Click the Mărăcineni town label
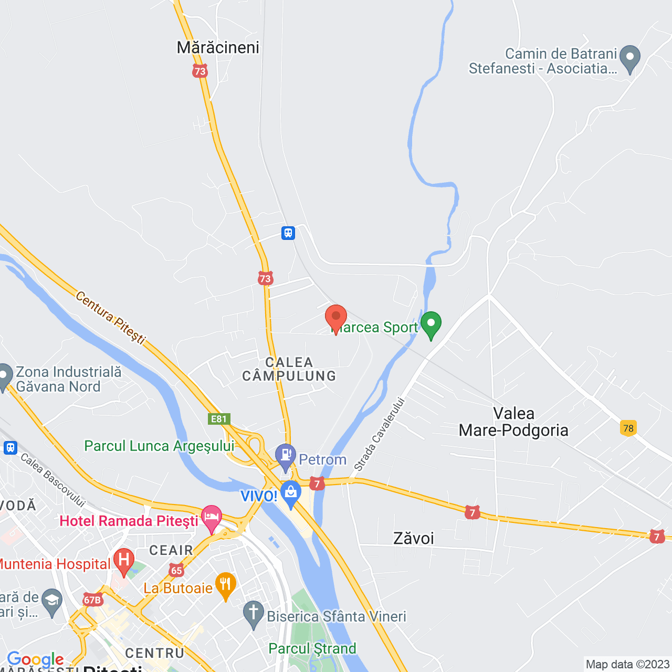pyautogui.click(x=218, y=48)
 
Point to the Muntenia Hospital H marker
pyautogui.click(x=124, y=561)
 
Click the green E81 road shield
pyautogui.click(x=218, y=419)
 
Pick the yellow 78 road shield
pyautogui.click(x=628, y=428)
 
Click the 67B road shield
pyautogui.click(x=92, y=600)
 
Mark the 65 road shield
pyautogui.click(x=176, y=570)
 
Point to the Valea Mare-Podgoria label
pyautogui.click(x=513, y=422)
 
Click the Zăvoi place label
pyautogui.click(x=414, y=538)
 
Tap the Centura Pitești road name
pyautogui.click(x=111, y=318)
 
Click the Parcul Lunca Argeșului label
pyautogui.click(x=160, y=446)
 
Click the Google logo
pyautogui.click(x=35, y=659)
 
